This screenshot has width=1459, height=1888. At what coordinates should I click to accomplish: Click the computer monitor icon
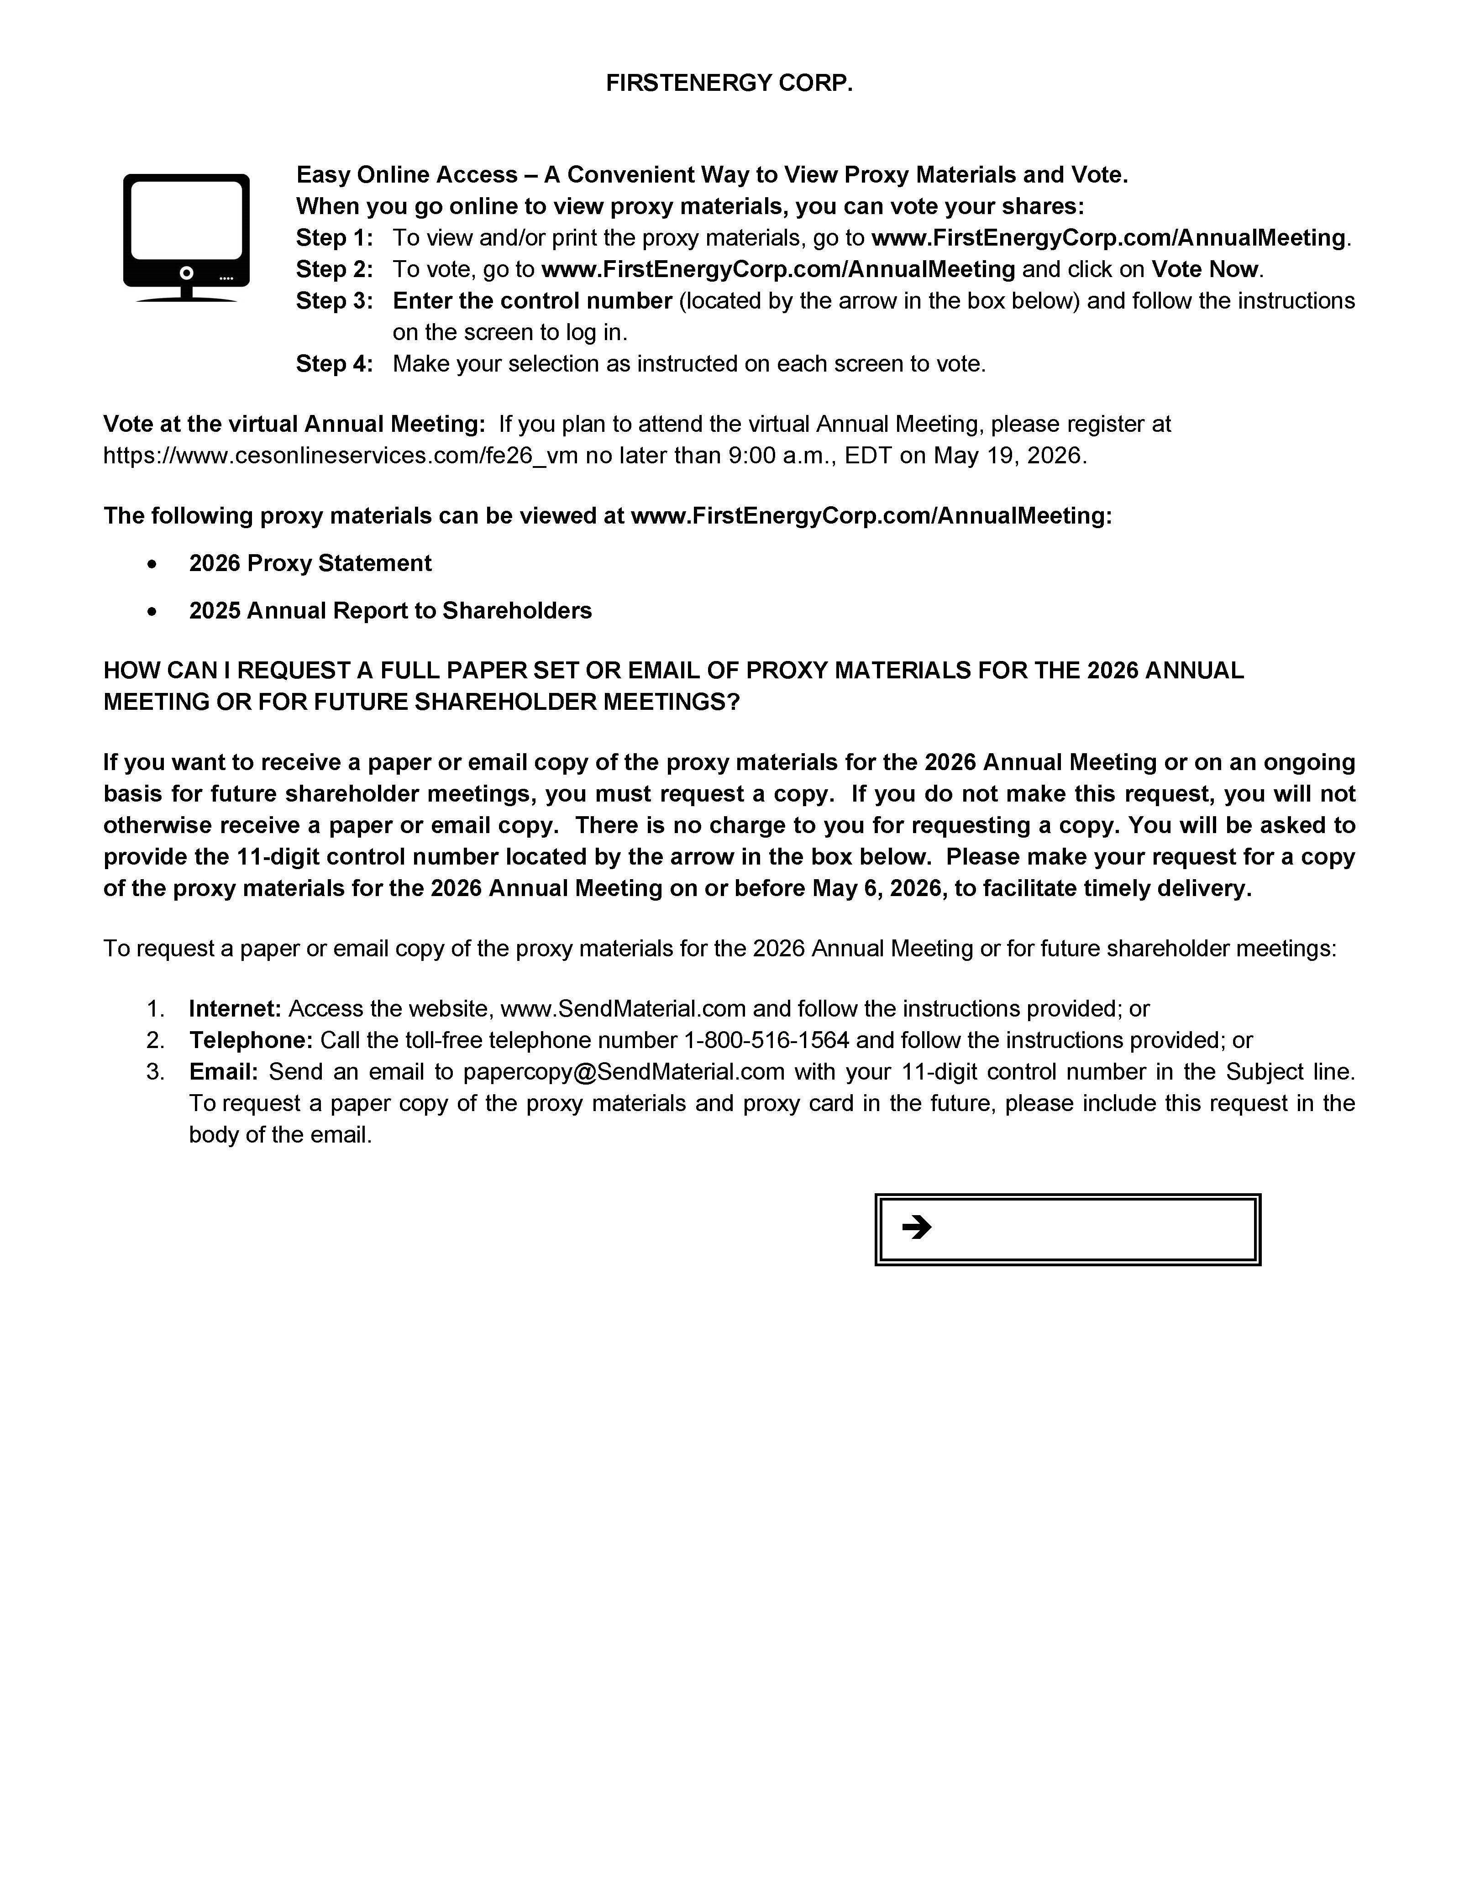point(186,237)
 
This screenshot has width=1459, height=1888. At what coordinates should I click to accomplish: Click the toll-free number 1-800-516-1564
point(766,1040)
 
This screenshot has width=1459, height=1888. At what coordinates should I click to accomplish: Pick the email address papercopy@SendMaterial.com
point(623,1072)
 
